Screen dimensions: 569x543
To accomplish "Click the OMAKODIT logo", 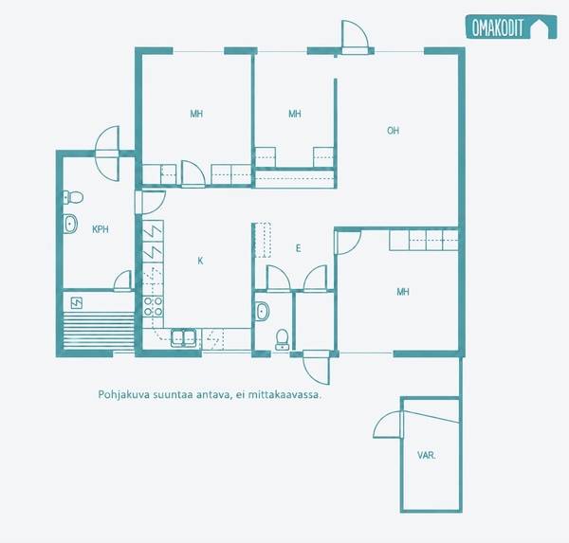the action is click(x=511, y=27).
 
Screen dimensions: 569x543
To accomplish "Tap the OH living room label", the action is click(x=393, y=131).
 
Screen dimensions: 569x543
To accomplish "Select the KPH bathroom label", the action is click(x=101, y=229).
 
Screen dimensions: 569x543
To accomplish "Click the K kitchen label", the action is click(x=200, y=261).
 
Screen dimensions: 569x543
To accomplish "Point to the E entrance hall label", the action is click(x=299, y=248).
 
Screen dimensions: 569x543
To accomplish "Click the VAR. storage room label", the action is click(x=427, y=455).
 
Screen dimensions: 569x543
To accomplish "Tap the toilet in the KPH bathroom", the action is click(x=73, y=197).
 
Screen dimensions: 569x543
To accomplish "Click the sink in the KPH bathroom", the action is click(x=70, y=224).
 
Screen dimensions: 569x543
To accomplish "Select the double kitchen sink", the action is click(x=184, y=337).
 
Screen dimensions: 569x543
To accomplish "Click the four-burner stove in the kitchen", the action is click(x=153, y=306).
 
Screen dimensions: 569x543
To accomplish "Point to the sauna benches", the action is click(x=99, y=331).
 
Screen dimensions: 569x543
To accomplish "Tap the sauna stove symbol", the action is click(x=77, y=303).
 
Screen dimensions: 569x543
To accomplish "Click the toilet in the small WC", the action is click(x=282, y=339).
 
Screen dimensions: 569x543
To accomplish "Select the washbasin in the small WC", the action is click(x=263, y=311).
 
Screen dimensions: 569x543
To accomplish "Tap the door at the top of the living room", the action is click(x=356, y=37).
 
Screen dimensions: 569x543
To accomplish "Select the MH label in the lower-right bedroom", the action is click(x=403, y=292).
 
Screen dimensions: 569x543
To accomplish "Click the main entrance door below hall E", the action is click(x=316, y=367).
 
